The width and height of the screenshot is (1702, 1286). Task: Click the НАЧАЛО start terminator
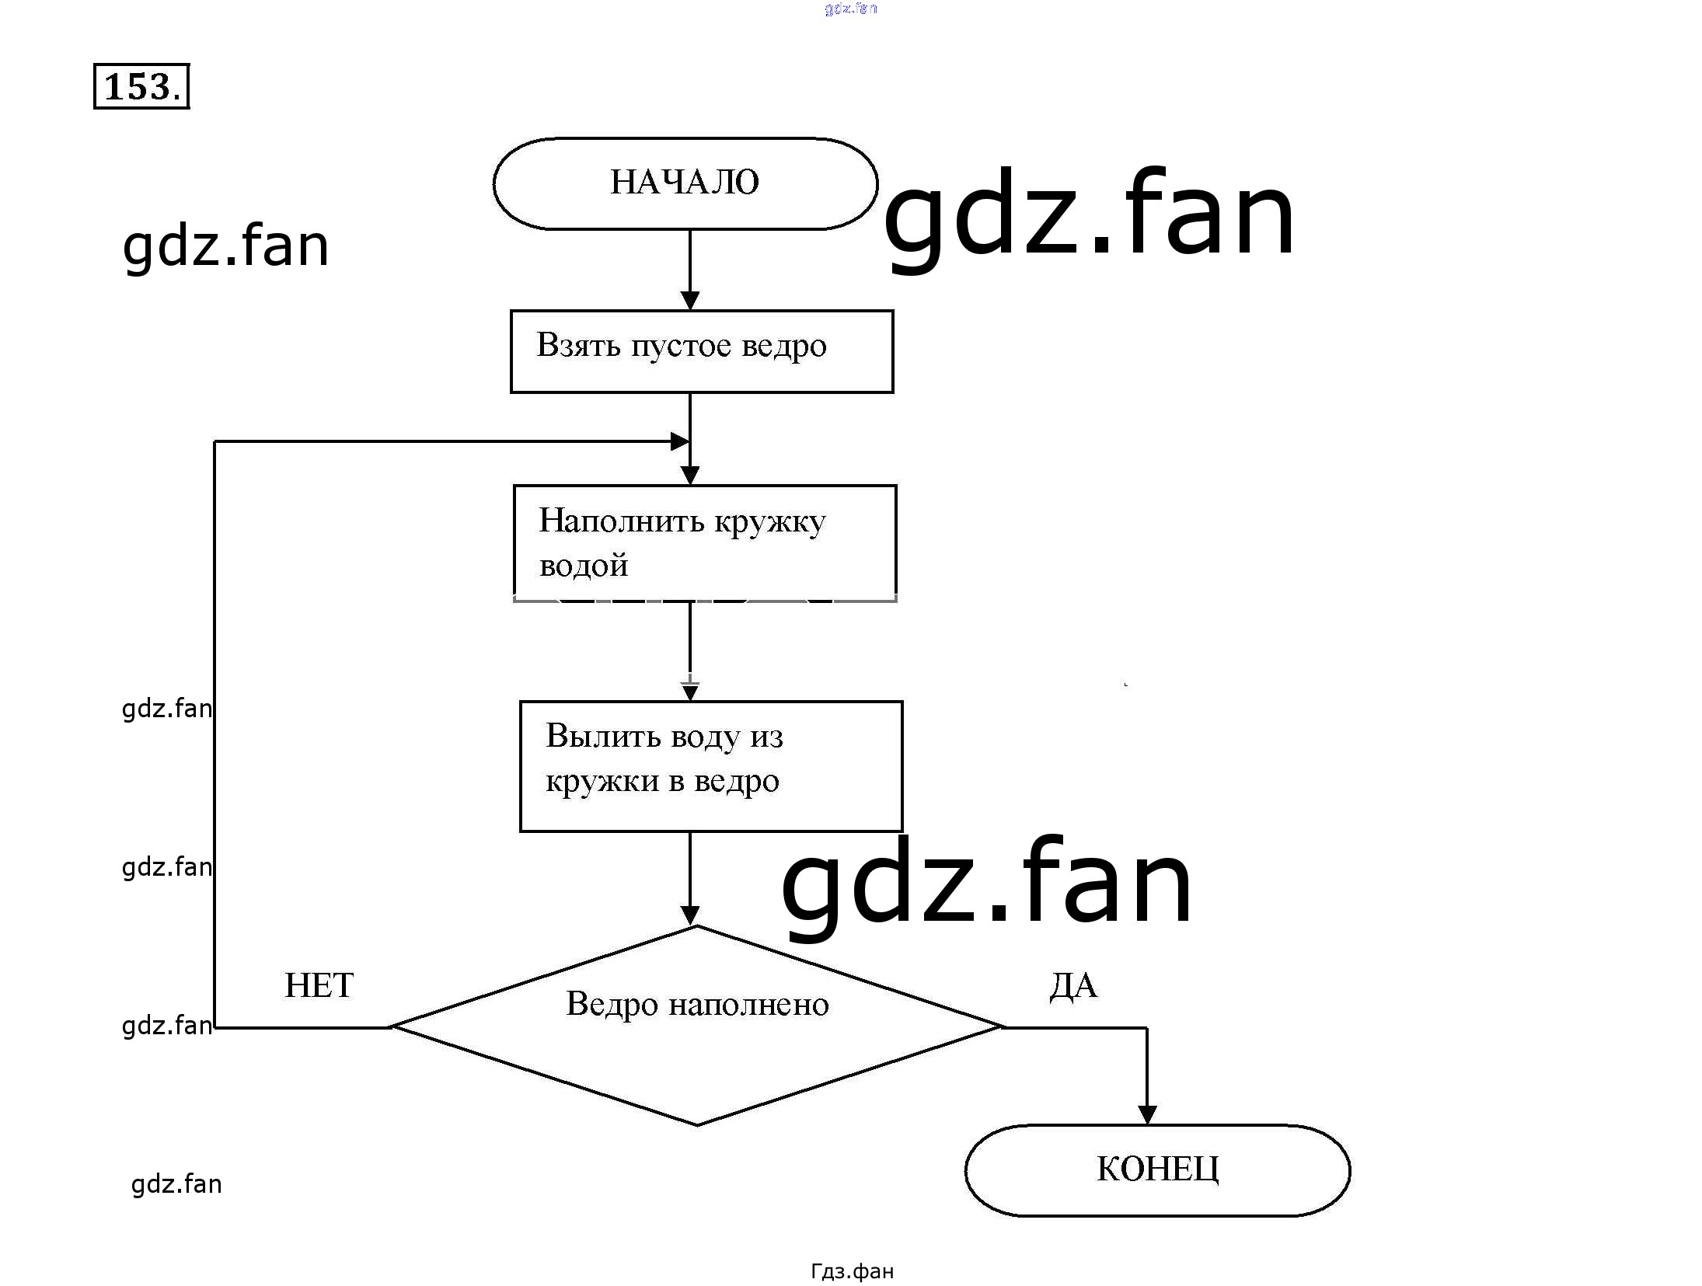point(685,183)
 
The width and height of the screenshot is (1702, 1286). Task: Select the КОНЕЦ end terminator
point(1156,1169)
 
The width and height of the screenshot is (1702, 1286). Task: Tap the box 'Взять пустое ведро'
point(701,351)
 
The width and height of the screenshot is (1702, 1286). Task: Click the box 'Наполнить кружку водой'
point(704,542)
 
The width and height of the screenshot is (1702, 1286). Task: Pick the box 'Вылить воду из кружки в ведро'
point(710,766)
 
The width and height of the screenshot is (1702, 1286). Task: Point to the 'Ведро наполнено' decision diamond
point(697,1026)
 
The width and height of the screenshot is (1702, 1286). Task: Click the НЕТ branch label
point(319,985)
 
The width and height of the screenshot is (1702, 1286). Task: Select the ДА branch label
point(1073,985)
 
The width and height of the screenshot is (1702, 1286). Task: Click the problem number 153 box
point(141,86)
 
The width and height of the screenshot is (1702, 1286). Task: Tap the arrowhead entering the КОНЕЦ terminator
point(1147,1114)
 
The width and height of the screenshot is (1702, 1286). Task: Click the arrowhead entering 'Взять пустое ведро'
point(690,301)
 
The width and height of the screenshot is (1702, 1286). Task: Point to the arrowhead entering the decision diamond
point(690,915)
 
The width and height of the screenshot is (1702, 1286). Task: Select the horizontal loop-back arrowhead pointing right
point(679,441)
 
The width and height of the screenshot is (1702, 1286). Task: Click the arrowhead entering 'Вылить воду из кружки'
point(690,691)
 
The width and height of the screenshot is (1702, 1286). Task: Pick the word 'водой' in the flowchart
point(583,566)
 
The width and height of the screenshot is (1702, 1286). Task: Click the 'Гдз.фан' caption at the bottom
point(852,1270)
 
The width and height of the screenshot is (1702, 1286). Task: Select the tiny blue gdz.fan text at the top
point(850,9)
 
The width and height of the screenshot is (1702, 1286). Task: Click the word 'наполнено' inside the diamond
point(748,1004)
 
